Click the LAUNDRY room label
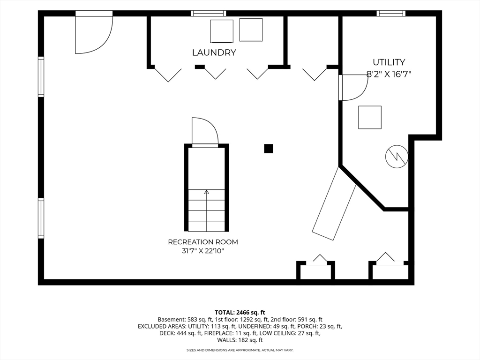pos(214,52)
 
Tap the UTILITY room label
pos(389,62)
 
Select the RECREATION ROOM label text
pos(203,242)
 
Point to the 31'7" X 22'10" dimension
pos(203,251)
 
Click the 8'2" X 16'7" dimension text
pos(389,74)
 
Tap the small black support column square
pos(269,149)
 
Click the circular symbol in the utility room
pos(397,157)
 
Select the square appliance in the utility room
pos(370,117)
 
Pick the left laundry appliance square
pos(222,31)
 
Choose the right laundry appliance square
pos(251,30)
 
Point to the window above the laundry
pos(209,13)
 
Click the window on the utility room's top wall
pos(391,13)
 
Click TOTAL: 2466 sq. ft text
pos(240,313)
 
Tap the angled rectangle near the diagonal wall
pos(335,203)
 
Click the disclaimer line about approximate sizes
pos(240,350)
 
